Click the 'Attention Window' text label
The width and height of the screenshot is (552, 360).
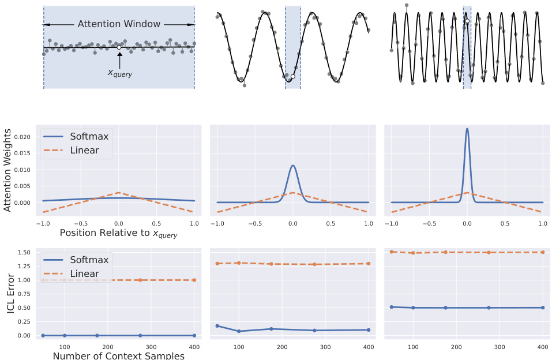point(119,24)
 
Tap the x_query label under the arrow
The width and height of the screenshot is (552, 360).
point(120,73)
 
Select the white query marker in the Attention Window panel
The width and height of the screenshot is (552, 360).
point(119,47)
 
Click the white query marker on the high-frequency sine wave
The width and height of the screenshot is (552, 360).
point(467,21)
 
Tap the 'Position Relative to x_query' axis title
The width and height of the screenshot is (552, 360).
point(118,233)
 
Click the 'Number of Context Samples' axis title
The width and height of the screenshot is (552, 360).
point(118,355)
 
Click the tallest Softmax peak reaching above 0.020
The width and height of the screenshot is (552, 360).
point(467,129)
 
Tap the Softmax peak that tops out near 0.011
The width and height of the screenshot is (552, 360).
point(293,166)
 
